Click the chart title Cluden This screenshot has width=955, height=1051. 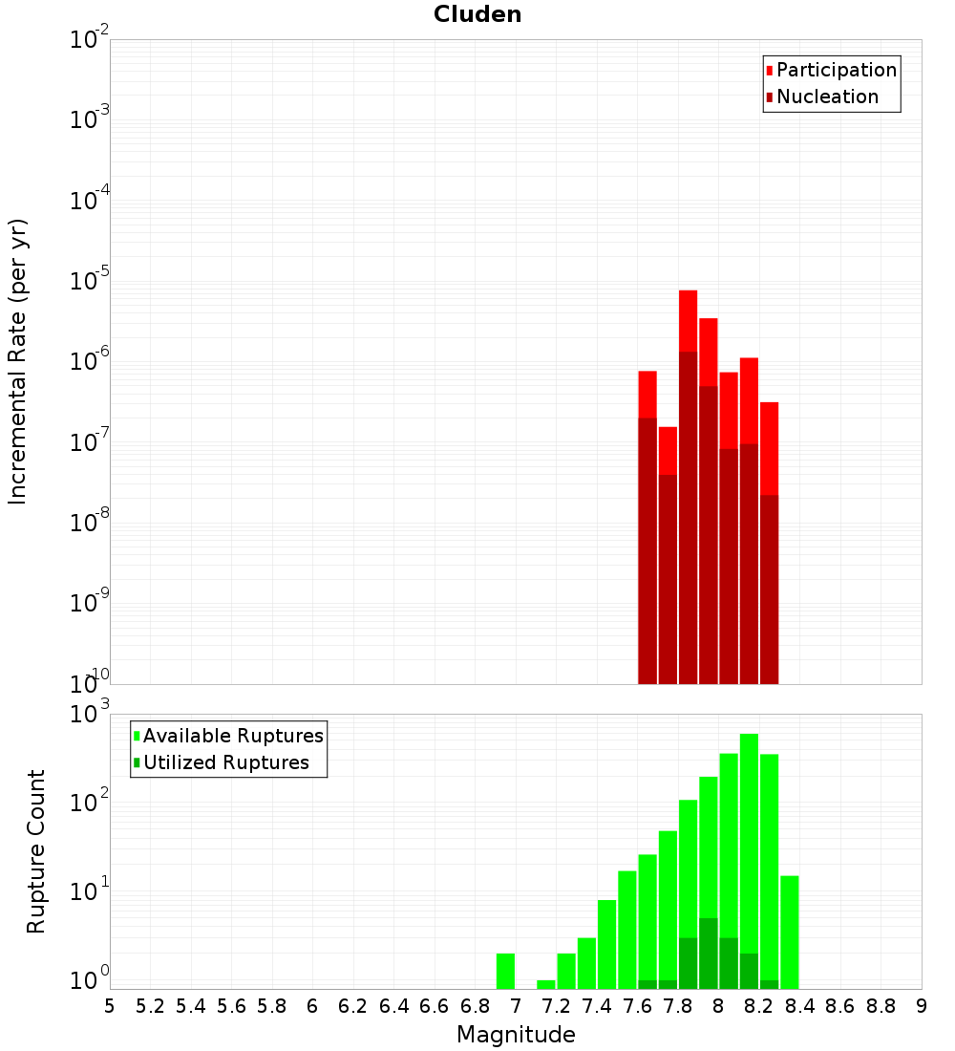477,14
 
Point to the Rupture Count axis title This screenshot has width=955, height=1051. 36,850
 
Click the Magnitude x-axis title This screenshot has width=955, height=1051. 516,1035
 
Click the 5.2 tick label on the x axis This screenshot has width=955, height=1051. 150,1006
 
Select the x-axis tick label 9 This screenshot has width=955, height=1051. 922,1006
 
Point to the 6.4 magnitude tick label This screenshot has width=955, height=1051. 393,1006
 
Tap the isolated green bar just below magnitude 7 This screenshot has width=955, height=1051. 505,971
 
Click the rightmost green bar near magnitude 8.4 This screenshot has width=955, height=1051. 789,932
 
